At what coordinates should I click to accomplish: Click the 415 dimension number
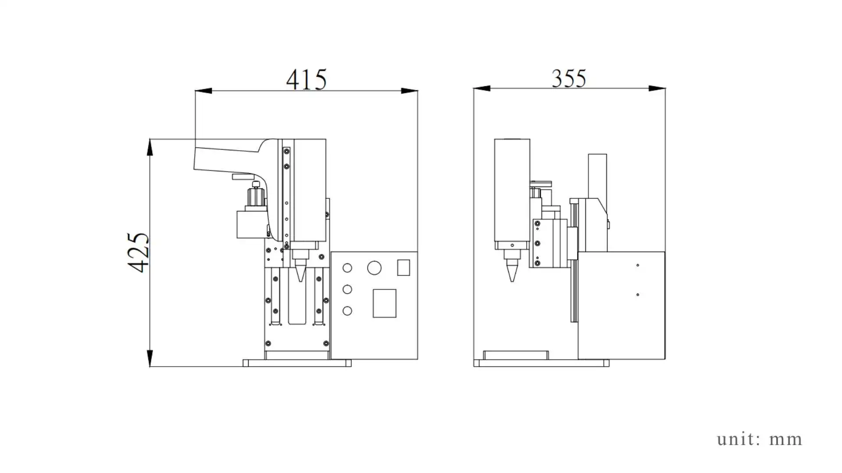click(x=306, y=80)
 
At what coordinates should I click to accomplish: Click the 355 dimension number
click(x=568, y=79)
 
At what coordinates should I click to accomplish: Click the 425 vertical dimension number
click(x=139, y=253)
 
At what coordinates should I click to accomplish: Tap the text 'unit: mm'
click(x=760, y=439)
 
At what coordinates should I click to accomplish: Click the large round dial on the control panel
click(x=374, y=268)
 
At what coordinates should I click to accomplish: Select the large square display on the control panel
click(x=384, y=303)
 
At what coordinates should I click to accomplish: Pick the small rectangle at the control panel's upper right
click(x=403, y=268)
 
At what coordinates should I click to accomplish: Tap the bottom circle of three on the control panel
click(x=347, y=311)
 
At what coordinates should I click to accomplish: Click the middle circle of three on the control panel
click(x=347, y=289)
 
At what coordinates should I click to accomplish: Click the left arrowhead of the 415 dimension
click(x=203, y=91)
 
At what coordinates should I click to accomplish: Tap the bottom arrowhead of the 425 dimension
click(x=150, y=358)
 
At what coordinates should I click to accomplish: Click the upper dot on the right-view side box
click(x=638, y=265)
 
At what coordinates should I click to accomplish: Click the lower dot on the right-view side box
click(x=638, y=295)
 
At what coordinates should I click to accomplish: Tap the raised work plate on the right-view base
click(x=516, y=355)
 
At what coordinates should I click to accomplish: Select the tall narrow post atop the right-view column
click(x=597, y=175)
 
